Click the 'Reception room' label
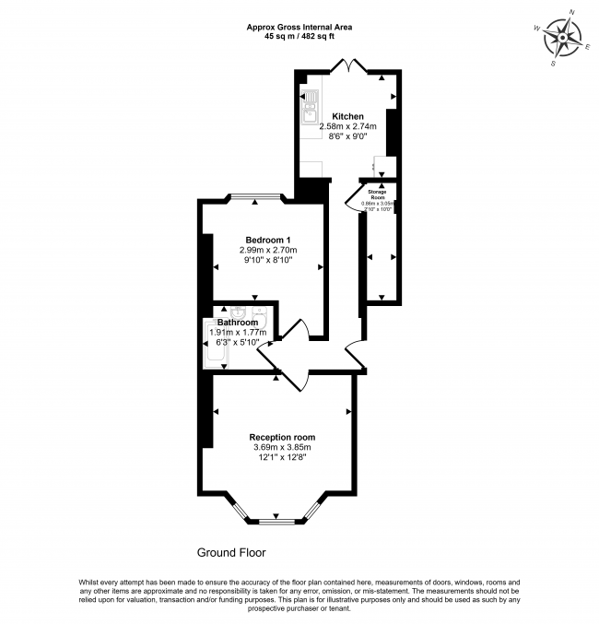click(x=282, y=437)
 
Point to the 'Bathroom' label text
click(x=238, y=322)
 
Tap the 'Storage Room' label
click(x=378, y=194)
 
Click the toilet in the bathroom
click(x=258, y=313)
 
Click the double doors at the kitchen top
click(x=350, y=65)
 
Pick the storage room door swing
click(x=350, y=198)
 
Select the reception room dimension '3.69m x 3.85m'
click(x=282, y=448)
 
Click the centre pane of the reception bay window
click(x=275, y=522)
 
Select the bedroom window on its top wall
click(x=257, y=196)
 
